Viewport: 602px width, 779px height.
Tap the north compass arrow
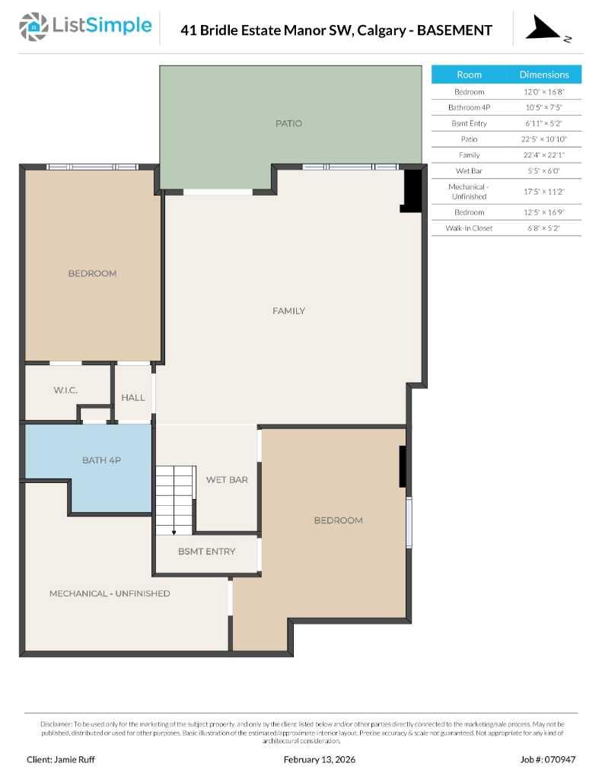tap(543, 29)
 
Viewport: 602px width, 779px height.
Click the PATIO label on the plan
tap(288, 123)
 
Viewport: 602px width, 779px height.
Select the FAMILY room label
tap(288, 310)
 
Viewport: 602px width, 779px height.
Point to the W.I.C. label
tap(65, 390)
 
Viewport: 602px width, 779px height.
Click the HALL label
tap(133, 397)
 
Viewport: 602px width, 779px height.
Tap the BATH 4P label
tap(101, 460)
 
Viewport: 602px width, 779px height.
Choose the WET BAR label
tap(227, 480)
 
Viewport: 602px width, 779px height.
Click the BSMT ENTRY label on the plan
tap(206, 552)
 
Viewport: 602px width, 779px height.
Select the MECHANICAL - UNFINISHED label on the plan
tap(110, 593)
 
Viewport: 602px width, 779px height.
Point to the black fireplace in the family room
tap(412, 189)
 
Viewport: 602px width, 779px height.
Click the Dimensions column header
tap(543, 75)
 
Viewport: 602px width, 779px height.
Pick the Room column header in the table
tap(469, 75)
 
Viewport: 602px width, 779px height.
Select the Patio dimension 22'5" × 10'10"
tap(543, 139)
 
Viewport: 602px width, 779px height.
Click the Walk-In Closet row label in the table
tap(469, 228)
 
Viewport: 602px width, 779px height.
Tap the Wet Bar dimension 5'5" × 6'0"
tap(543, 171)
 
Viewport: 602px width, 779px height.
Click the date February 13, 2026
tap(319, 759)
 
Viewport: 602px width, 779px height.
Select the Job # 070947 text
tap(548, 759)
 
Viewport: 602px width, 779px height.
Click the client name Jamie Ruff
tap(61, 759)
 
